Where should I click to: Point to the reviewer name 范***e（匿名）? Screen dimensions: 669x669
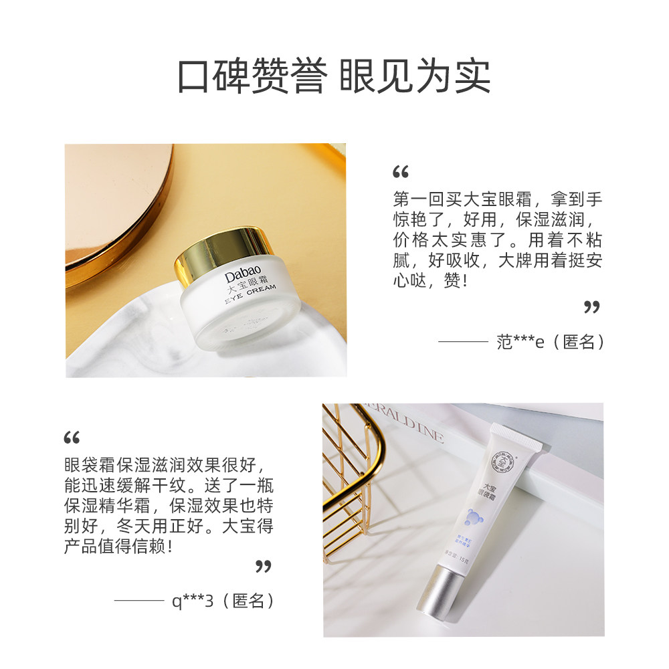coord(551,342)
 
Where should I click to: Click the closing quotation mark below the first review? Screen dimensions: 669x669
coord(591,307)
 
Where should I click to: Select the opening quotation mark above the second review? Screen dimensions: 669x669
coord(72,438)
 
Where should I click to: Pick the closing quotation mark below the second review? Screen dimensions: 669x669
coord(264,567)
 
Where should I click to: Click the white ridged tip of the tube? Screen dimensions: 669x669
coord(516,436)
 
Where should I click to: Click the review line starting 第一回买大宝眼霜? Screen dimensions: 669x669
coord(498,200)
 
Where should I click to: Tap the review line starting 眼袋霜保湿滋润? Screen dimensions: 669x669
coord(168,464)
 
